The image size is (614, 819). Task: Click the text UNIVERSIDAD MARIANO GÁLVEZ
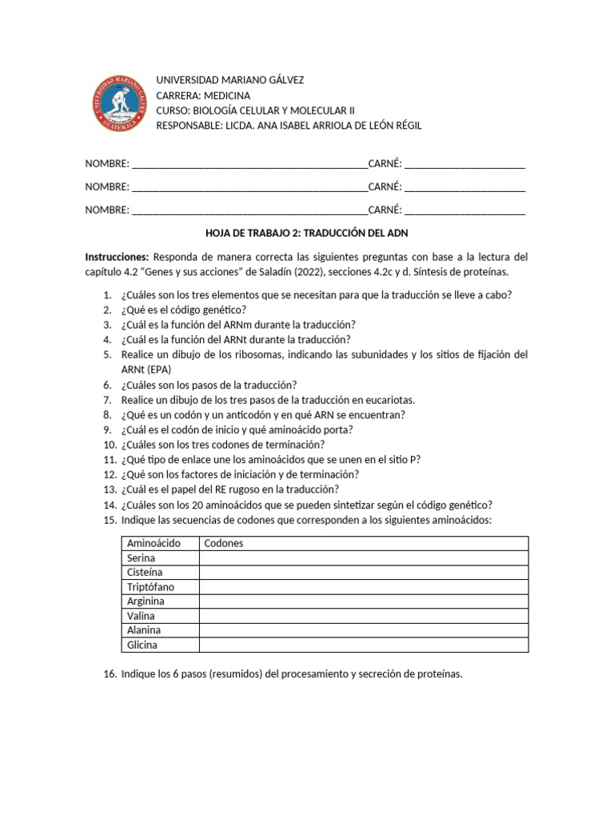(x=229, y=81)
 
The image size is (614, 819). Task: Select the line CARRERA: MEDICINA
(x=202, y=95)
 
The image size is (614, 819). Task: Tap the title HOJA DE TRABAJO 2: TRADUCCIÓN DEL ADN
(x=307, y=233)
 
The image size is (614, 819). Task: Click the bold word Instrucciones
(x=117, y=258)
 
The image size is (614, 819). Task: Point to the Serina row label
(x=142, y=557)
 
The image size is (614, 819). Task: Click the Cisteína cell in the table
(x=145, y=572)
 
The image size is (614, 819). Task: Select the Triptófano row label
(x=150, y=586)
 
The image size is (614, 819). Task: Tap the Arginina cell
(x=146, y=601)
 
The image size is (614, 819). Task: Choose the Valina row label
(x=141, y=616)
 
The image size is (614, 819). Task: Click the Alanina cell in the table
(x=144, y=630)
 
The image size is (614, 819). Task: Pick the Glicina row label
(x=142, y=645)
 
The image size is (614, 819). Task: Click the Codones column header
(x=224, y=543)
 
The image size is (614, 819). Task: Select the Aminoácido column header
(x=153, y=543)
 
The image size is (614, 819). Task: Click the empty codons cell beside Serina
(x=363, y=557)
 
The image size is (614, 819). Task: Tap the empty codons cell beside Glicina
(x=363, y=645)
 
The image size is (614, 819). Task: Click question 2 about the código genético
(x=184, y=310)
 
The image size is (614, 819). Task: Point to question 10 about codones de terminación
(x=223, y=445)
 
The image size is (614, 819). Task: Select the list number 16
(x=110, y=674)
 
